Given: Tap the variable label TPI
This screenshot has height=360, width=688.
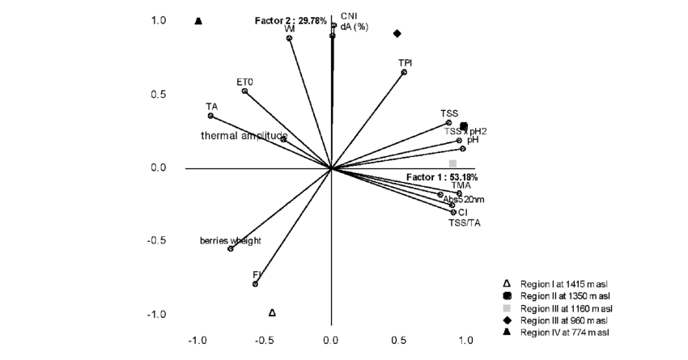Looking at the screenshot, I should [x=406, y=62].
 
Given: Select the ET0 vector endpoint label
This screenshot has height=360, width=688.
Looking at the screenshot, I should [x=244, y=82].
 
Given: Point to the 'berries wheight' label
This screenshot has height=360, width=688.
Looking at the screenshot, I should [x=231, y=240].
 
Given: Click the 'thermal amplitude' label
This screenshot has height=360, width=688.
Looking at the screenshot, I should [x=244, y=136].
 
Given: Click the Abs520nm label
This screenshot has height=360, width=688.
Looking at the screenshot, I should [x=464, y=199].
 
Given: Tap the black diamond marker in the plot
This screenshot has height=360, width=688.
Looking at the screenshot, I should [x=397, y=33].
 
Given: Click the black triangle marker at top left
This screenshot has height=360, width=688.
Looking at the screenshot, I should [x=198, y=21].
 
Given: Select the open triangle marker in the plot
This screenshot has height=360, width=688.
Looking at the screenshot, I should [x=272, y=312].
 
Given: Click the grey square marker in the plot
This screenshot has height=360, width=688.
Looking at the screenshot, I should [x=453, y=163].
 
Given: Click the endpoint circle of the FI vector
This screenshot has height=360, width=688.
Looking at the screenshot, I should [x=256, y=284].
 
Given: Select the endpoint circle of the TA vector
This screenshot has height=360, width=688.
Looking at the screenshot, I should [x=210, y=116].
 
